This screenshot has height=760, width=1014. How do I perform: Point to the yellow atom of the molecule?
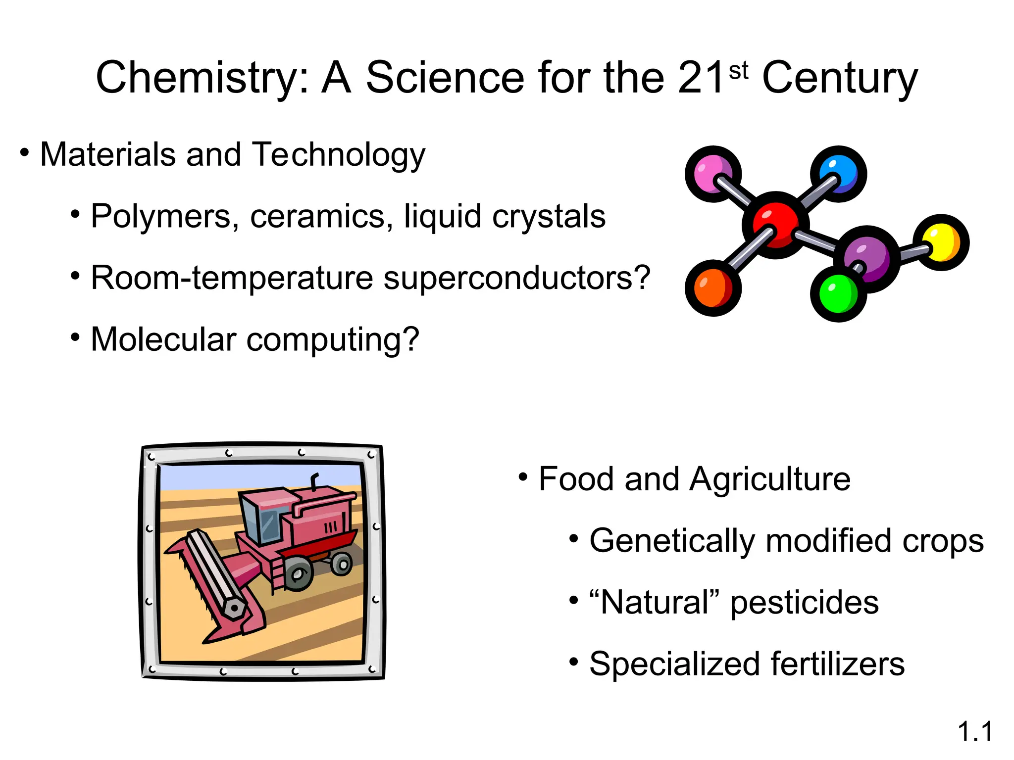[941, 242]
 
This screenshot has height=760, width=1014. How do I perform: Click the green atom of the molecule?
[838, 294]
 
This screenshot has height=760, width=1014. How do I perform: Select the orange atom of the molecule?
[713, 288]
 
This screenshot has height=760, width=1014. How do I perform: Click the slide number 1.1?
[974, 732]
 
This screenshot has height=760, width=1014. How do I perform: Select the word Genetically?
[672, 541]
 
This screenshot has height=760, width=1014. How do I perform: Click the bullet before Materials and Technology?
[24, 152]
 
